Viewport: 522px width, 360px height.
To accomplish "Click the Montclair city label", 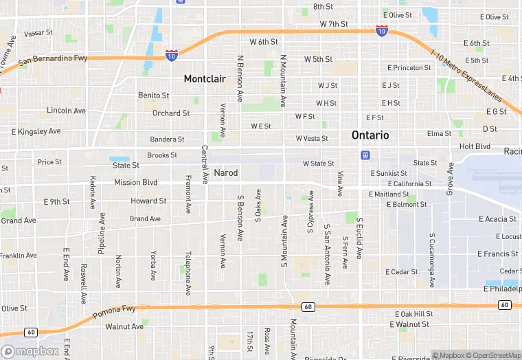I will pos(205,79).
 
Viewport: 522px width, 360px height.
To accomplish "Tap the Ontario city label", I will pos(370,135).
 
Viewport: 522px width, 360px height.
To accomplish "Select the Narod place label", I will pos(225,172).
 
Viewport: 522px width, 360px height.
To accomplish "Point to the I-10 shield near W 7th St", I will pos(382,31).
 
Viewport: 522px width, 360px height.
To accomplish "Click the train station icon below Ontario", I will pos(365,155).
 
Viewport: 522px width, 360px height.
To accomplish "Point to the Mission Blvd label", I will pos(135,183).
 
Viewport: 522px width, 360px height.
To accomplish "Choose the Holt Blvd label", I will pos(475,146).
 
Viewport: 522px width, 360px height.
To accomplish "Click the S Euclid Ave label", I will pos(359,238).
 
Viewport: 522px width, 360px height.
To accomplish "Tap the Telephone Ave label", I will pos(188,273).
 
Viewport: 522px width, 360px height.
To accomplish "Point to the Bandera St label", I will pos(163,139).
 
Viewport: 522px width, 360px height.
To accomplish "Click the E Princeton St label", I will pos(409,68).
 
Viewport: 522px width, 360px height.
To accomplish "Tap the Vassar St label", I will pos(38,33).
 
